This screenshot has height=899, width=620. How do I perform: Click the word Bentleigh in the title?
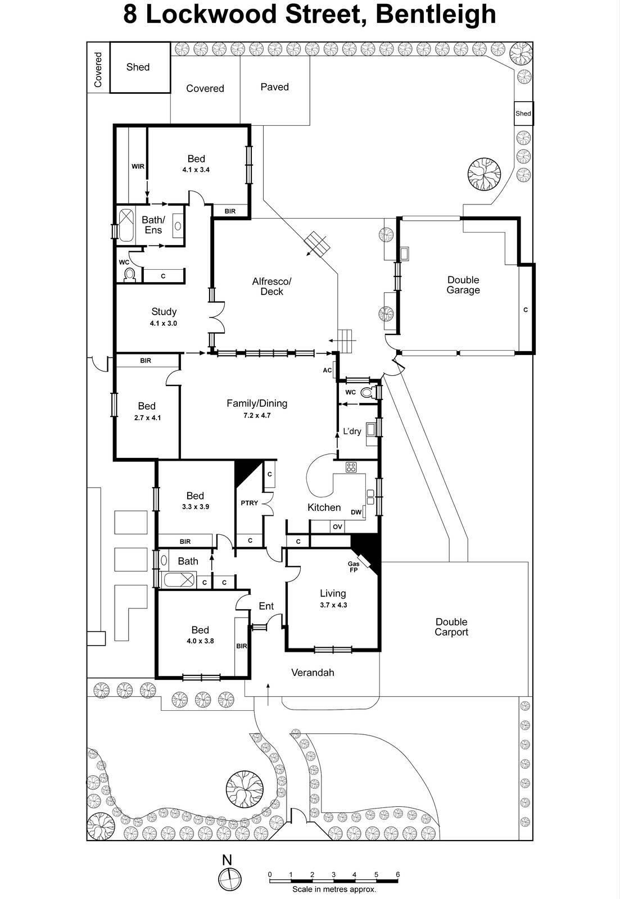point(436,15)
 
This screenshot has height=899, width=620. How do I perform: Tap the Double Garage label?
point(463,285)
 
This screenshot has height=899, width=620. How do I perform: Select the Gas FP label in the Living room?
point(354,566)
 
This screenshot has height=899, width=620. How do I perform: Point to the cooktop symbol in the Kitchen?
point(351,466)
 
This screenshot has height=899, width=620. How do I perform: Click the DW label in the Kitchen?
point(355,512)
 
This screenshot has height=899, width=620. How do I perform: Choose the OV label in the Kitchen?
point(337,526)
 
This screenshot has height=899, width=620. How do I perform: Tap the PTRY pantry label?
point(249,502)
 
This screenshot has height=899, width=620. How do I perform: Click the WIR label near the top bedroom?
point(138,166)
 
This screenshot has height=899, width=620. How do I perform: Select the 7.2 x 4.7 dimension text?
point(257,415)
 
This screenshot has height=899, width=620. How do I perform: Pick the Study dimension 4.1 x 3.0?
point(164,323)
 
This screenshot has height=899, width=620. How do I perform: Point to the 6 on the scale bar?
point(397,874)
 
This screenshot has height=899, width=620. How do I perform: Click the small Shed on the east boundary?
point(523,113)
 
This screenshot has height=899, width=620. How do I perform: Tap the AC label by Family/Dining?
point(327,370)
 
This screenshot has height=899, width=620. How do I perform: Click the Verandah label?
point(313,672)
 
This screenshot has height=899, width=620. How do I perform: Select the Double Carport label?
point(451,627)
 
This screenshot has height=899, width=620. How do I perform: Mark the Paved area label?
point(274,87)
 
